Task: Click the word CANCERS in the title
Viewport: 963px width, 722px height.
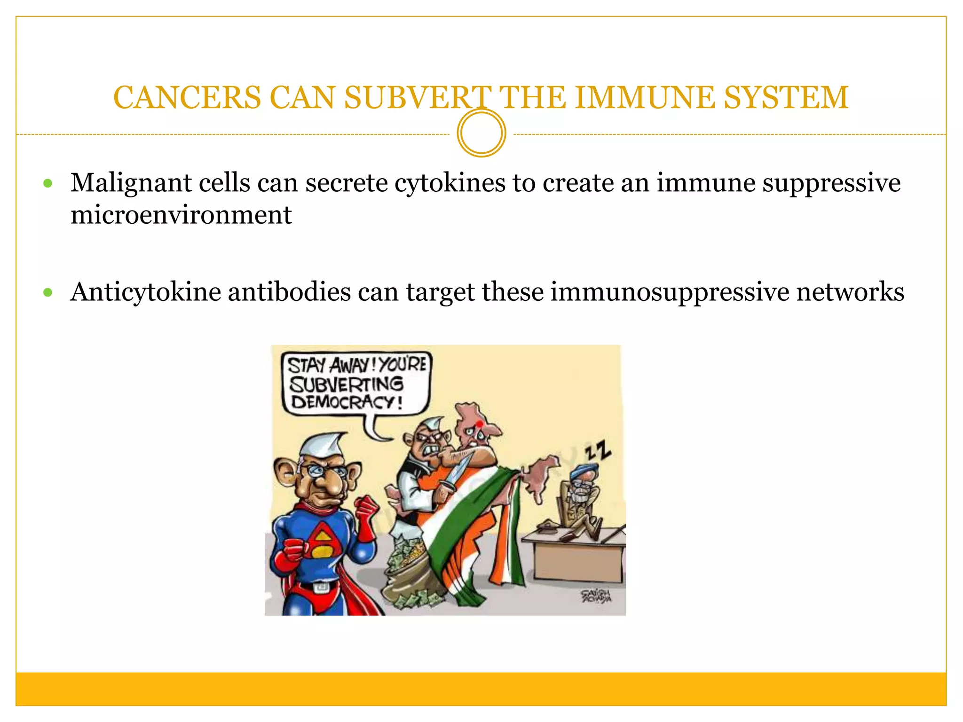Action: tap(187, 98)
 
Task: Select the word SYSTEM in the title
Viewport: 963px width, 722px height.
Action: tap(786, 98)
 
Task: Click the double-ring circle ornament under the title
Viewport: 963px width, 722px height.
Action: tap(481, 133)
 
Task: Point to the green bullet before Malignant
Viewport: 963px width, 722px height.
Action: tap(47, 183)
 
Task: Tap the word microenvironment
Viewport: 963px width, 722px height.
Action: tap(181, 215)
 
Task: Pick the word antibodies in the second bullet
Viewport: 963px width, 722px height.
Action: tap(289, 292)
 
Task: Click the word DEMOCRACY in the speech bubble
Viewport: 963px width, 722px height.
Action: tap(347, 402)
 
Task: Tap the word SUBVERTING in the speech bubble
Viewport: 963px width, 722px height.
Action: tap(347, 384)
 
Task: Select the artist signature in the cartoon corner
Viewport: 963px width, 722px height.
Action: tap(596, 596)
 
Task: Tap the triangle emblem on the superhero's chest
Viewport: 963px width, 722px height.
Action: tap(321, 540)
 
